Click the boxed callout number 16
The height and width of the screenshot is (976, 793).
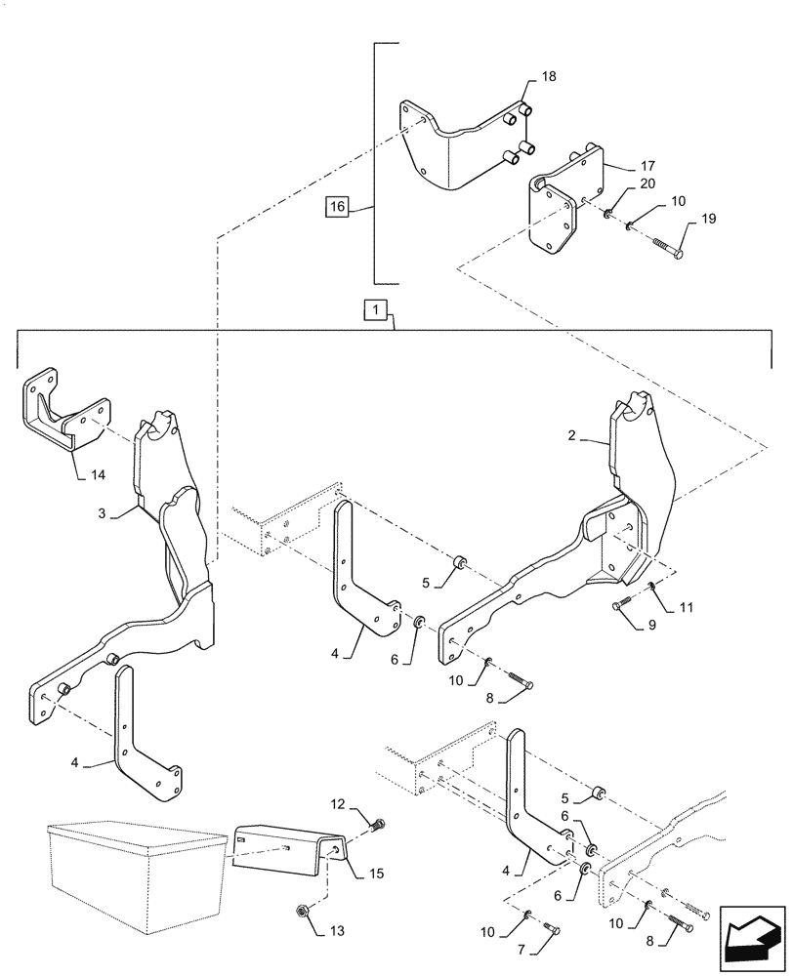point(337,207)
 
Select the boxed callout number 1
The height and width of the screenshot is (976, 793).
point(376,310)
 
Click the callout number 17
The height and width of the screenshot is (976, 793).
point(620,166)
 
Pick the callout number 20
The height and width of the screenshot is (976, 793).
point(620,183)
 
